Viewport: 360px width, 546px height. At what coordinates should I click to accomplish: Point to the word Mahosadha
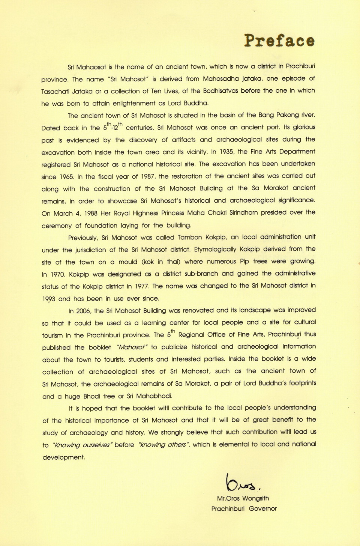(x=222, y=79)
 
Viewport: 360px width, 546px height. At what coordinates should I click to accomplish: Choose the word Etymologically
(x=215, y=249)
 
